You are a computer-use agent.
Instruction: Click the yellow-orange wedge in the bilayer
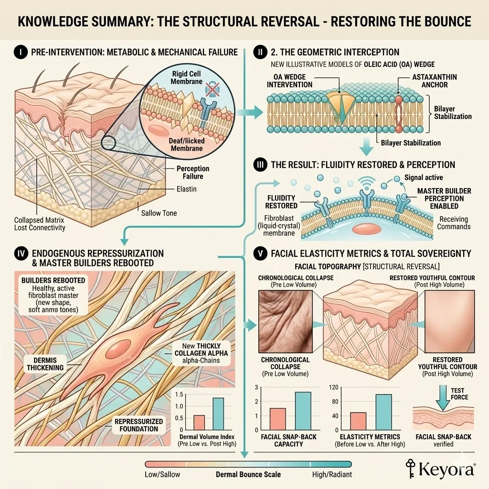pos(341,100)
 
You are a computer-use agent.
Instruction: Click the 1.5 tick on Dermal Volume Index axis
pos(179,394)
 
